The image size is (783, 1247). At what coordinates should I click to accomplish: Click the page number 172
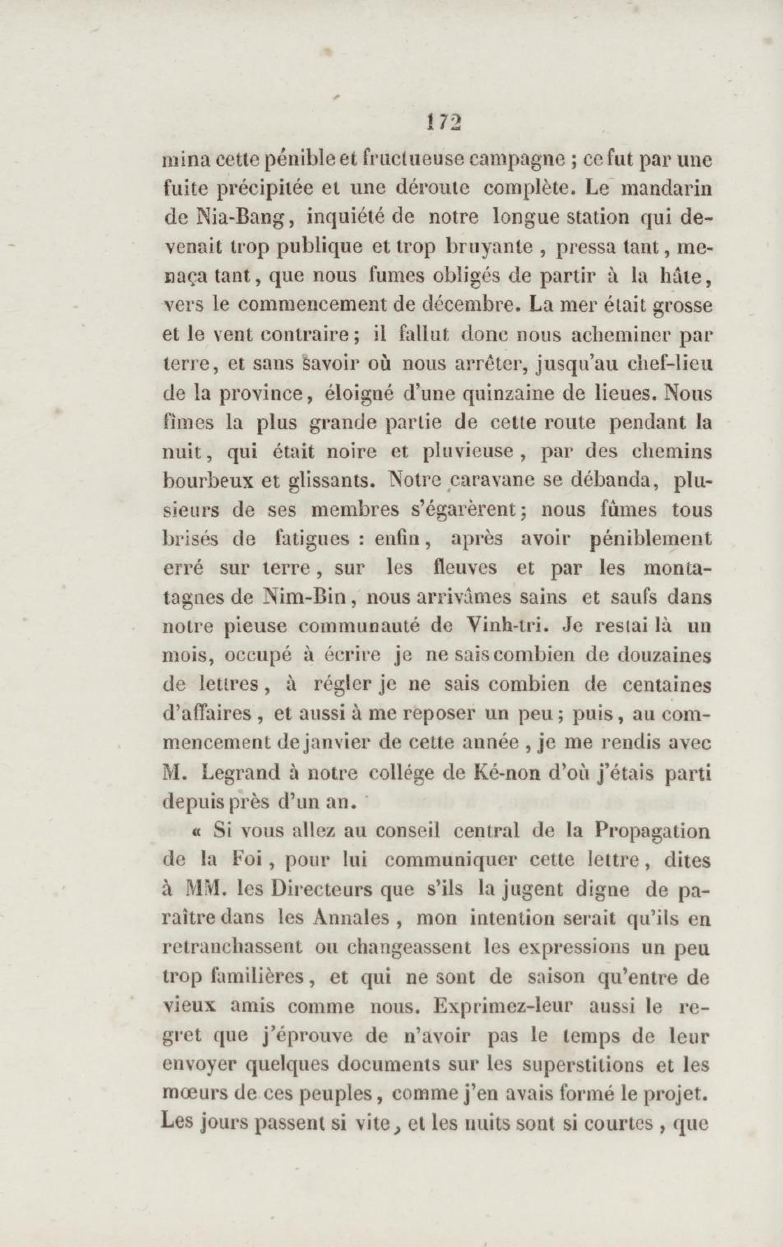pos(443,123)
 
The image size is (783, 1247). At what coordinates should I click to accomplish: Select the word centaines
pos(667,685)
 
